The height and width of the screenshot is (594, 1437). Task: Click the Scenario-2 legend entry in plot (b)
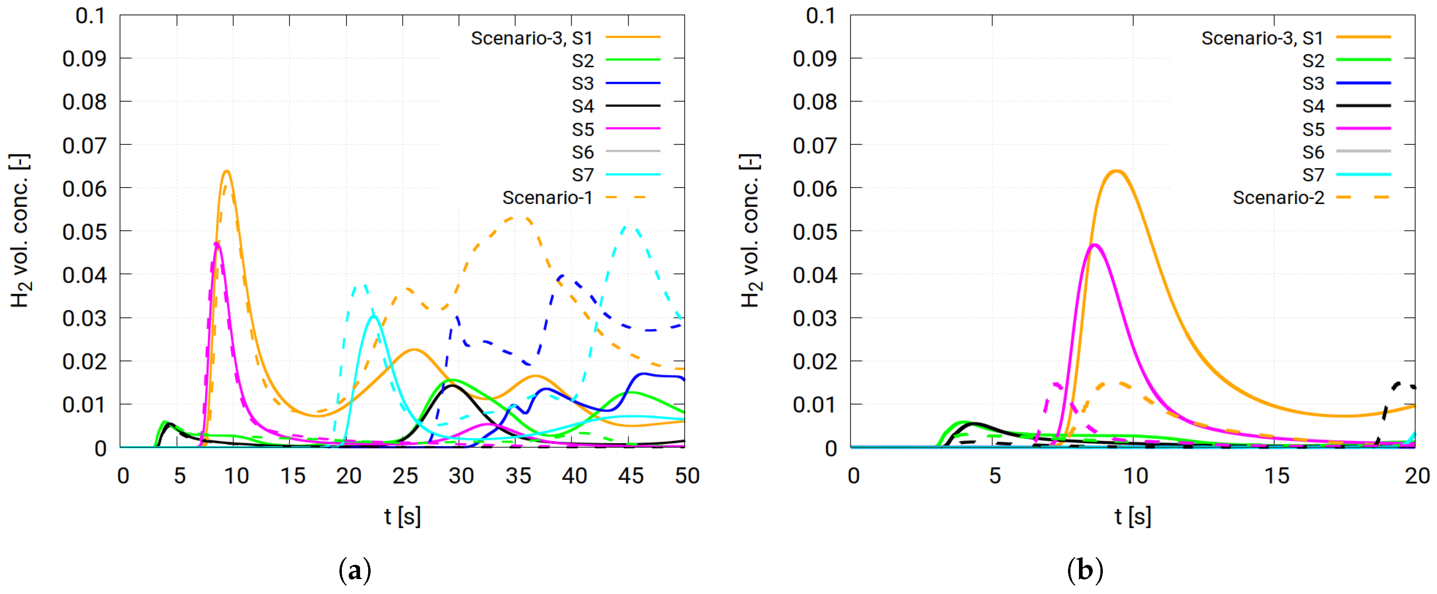(x=1278, y=198)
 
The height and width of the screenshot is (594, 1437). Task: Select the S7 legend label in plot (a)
(x=583, y=175)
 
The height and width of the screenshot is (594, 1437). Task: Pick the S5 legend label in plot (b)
(x=1313, y=129)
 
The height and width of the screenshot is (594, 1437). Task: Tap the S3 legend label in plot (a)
(x=583, y=83)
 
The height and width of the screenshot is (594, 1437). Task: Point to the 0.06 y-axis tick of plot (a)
(x=84, y=189)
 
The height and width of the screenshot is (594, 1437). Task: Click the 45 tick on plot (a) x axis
(x=630, y=476)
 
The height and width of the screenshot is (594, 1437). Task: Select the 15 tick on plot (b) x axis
(x=1276, y=476)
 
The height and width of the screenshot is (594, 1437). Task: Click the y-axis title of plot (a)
(x=20, y=230)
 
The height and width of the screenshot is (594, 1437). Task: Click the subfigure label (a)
(x=355, y=571)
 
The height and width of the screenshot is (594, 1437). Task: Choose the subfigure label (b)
(x=1085, y=571)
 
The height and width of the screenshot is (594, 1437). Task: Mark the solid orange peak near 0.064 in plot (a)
(x=227, y=171)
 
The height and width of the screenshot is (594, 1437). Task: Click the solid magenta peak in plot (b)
(x=1094, y=245)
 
